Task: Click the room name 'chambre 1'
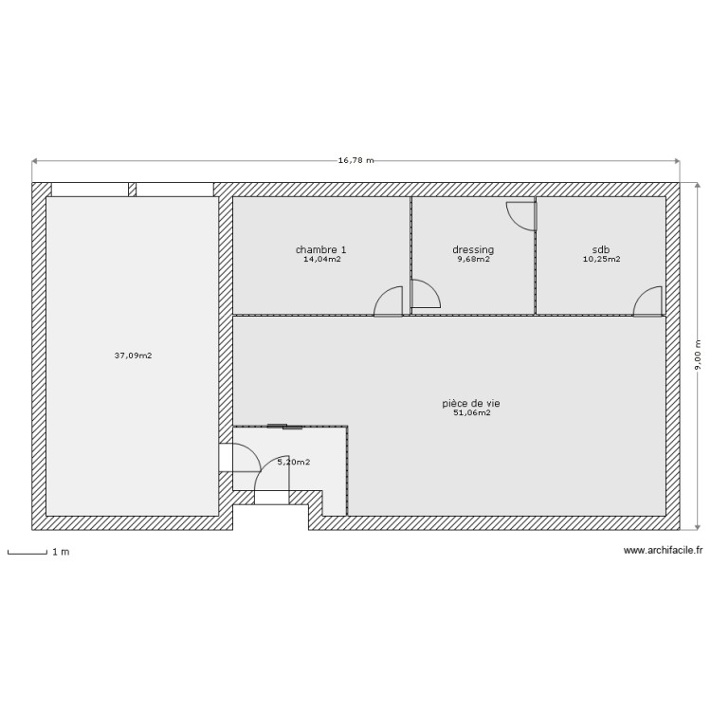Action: (x=320, y=250)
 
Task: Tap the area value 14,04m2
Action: (x=321, y=259)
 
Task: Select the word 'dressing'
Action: (x=473, y=250)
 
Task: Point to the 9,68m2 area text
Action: (x=473, y=259)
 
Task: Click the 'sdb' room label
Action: (x=601, y=250)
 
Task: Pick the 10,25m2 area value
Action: (x=601, y=259)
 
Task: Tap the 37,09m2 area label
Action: (x=133, y=356)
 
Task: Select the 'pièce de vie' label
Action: (x=471, y=404)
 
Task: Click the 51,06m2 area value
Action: (x=471, y=412)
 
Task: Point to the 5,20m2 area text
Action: (x=293, y=462)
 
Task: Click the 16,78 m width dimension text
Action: (x=355, y=160)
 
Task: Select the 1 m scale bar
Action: (x=27, y=552)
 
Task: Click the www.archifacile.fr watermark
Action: (x=663, y=551)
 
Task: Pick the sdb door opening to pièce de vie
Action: (x=647, y=301)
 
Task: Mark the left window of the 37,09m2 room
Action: (x=89, y=190)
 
